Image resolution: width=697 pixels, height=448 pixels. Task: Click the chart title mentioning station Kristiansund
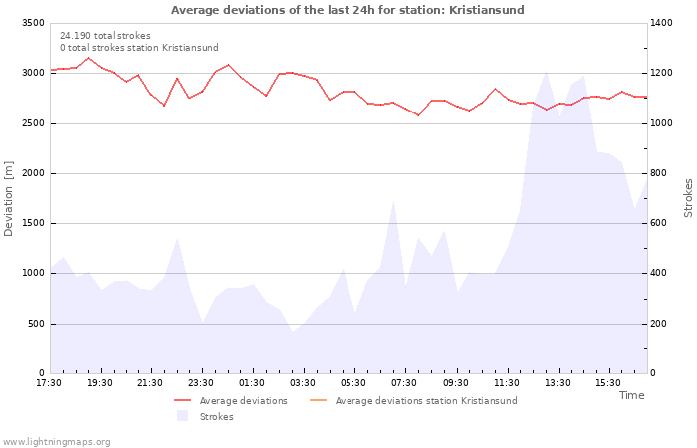point(348,10)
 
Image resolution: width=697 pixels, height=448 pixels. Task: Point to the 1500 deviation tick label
point(31,223)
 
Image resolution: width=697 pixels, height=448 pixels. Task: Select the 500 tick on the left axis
point(36,324)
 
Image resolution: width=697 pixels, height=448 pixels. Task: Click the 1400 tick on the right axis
point(666,23)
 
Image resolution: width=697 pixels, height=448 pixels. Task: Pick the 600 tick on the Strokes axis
point(663,223)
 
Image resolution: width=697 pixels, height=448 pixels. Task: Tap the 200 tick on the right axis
point(663,324)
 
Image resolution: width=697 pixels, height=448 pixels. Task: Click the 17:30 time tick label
point(50,383)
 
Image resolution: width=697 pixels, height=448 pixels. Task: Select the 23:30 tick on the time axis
point(202,383)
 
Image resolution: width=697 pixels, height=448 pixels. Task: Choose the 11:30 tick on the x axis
point(507,383)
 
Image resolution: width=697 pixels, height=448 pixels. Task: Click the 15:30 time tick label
point(608,383)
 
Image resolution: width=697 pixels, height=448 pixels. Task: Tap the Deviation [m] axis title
point(9,198)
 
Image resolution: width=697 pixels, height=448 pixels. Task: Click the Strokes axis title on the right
point(688,198)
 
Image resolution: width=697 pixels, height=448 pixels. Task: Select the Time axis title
point(631,395)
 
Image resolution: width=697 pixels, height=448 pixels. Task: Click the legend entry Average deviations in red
point(243,401)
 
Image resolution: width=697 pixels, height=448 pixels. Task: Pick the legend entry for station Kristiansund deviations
point(425,401)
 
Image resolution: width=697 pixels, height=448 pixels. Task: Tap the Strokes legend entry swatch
point(182,416)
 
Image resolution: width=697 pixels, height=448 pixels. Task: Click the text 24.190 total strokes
point(106,36)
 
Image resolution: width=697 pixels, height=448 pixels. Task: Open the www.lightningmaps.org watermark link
point(57,442)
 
